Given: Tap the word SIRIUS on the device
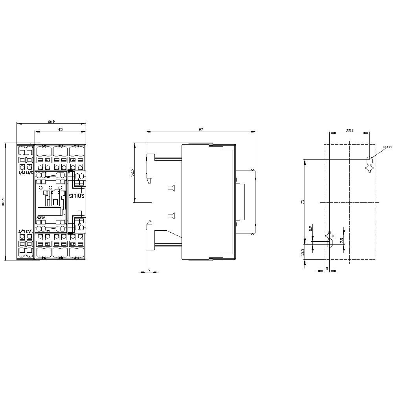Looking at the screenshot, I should coord(77,196).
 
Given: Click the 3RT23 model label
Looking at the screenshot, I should coord(40,217).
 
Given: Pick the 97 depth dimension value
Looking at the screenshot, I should coord(201,129).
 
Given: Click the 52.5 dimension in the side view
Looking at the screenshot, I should coord(132,173).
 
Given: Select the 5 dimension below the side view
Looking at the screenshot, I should coord(149,269).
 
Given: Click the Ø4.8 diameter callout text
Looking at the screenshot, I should coord(387,147).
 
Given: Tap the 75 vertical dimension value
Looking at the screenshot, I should coord(302,201).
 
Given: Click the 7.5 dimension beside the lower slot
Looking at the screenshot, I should coord(342,239).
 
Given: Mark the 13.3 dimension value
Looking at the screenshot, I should coord(302,252).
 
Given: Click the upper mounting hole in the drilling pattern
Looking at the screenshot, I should coord(369,160).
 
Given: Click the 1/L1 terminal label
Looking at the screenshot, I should coord(22,173).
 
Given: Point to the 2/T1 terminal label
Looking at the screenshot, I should coord(22,231).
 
